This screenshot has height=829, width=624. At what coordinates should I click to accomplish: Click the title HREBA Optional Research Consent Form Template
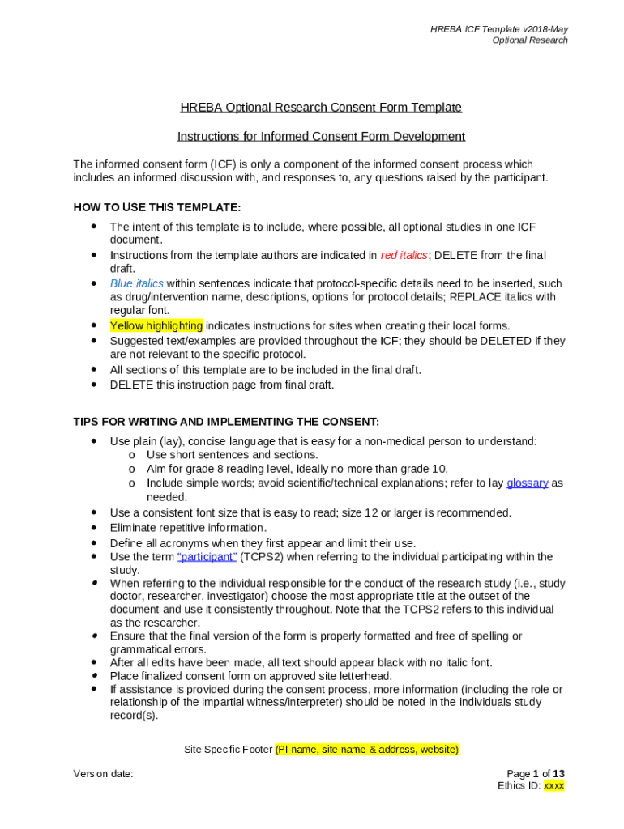coord(321,107)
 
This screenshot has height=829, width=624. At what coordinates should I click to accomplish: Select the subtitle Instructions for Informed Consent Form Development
coord(321,136)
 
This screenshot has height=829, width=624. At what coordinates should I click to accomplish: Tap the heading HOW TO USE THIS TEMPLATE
coord(156,207)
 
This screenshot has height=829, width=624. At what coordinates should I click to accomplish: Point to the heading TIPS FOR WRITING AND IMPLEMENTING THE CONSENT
coord(226,422)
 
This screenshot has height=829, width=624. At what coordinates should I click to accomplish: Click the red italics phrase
coord(404,255)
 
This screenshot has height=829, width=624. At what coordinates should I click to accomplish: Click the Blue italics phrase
coord(136,283)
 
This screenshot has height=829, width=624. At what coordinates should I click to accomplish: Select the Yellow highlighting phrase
coord(156,325)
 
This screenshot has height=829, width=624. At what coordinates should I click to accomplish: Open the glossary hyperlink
coord(527,483)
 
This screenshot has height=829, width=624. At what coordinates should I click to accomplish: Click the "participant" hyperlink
coord(207,556)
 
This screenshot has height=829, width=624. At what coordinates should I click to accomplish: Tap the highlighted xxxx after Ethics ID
coord(553,785)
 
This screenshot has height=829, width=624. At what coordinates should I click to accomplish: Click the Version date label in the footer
coord(103,774)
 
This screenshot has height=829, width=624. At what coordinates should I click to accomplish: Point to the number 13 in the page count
coord(558,774)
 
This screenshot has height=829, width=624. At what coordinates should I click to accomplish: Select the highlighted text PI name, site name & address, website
coord(367,750)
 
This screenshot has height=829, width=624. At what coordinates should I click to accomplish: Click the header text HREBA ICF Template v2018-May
coord(498,29)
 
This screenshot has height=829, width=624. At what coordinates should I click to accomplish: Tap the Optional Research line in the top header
coord(530,40)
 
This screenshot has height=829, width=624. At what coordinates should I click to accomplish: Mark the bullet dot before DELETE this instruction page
coord(94,385)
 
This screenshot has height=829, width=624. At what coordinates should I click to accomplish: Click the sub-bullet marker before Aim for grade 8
coord(131,469)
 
